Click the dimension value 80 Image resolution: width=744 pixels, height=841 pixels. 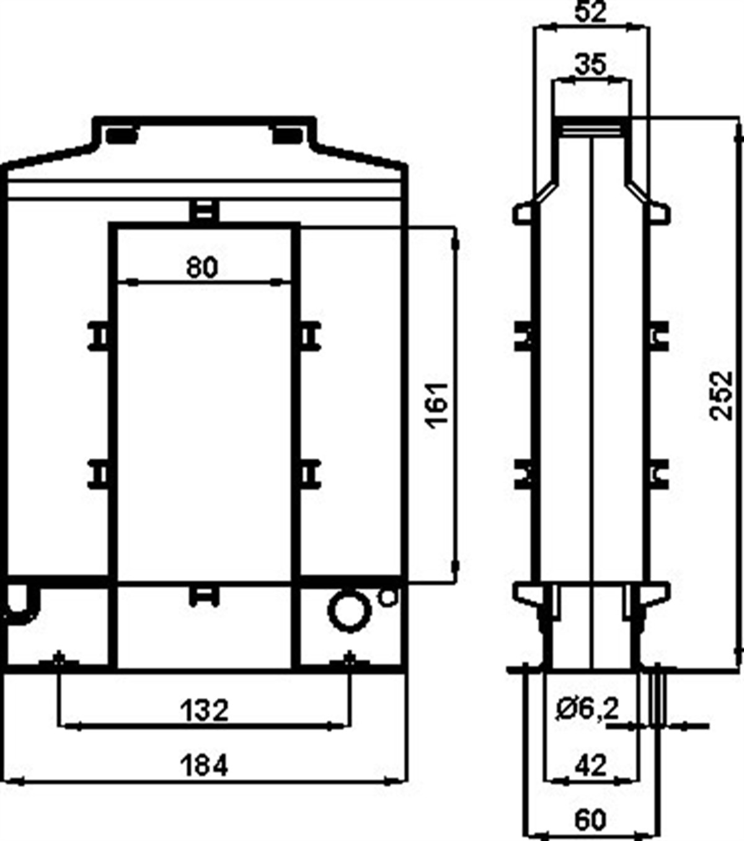203,267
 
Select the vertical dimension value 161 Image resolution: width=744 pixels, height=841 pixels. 438,403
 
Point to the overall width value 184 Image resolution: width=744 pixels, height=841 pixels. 204,765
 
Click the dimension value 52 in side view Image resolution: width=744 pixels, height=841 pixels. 590,12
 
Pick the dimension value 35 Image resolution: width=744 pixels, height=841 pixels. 590,64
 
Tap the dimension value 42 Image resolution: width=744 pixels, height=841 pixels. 590,766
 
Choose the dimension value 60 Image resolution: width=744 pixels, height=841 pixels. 590,820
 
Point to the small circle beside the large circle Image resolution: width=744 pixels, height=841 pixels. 387,597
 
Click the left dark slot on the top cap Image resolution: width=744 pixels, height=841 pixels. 121,134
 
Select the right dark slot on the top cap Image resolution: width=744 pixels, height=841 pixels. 286,134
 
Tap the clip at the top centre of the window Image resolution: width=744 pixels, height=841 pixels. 204,210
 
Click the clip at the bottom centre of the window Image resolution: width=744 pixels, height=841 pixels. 204,596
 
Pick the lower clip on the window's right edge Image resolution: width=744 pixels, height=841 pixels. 309,474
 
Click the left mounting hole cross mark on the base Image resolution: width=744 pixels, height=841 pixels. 59,659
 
